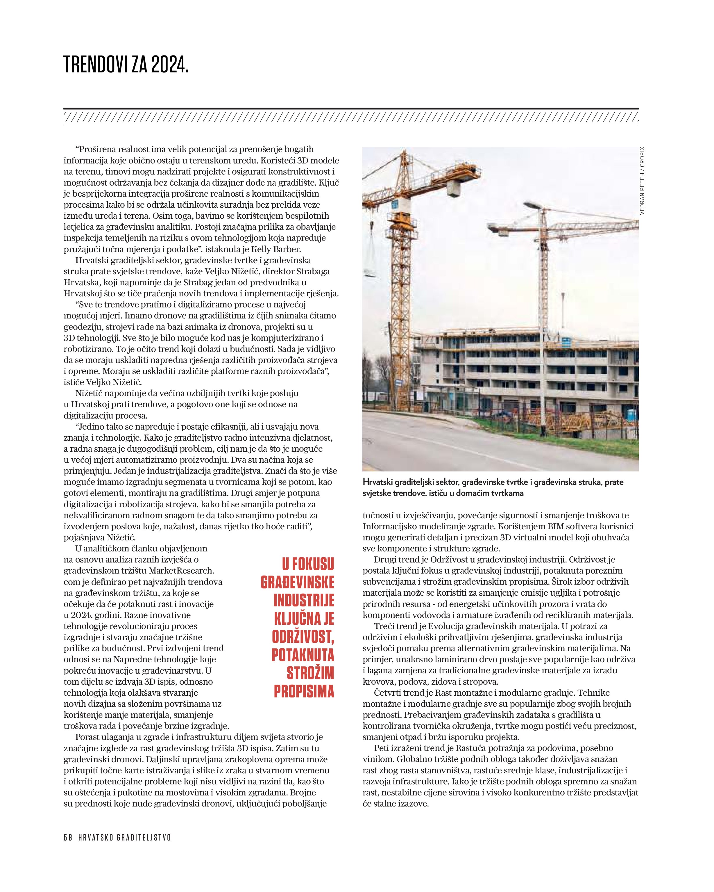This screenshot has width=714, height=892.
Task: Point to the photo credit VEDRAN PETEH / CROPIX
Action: (642, 181)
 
